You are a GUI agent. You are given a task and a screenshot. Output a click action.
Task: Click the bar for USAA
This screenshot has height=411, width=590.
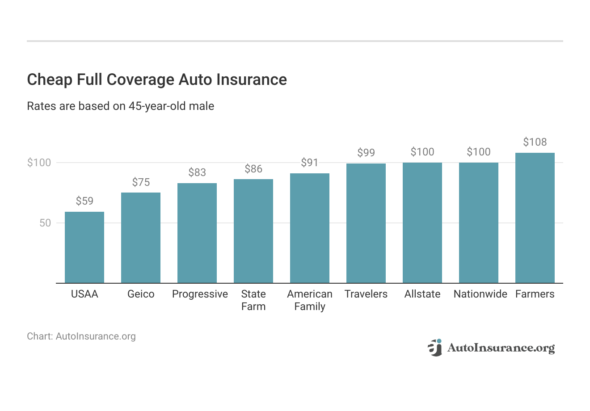coord(84,247)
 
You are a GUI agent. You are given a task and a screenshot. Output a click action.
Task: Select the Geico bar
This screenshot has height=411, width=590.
coord(141,238)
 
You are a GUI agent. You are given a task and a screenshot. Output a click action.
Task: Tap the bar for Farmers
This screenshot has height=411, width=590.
coord(535,218)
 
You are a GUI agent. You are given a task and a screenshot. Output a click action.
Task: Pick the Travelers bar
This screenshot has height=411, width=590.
coord(366,223)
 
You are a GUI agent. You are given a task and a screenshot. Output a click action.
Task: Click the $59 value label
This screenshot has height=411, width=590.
coord(84,201)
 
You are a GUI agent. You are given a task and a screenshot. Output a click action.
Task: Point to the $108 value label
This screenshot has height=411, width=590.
coord(535,142)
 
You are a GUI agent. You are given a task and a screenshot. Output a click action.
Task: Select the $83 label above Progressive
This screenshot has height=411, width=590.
coord(197,172)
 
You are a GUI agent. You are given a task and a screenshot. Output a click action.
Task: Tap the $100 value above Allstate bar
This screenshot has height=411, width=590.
coord(422,152)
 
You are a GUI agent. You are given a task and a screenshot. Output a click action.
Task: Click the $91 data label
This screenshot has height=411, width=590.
coord(310,163)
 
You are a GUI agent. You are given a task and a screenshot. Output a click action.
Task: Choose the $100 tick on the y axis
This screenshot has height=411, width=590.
coord(39,163)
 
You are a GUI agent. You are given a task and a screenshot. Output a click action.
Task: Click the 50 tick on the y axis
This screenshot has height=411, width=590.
coord(45,223)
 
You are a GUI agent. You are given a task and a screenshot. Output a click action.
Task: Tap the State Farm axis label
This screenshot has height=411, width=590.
coord(253,300)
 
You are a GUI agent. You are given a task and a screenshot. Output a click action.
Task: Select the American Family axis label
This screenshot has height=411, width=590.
coord(310,300)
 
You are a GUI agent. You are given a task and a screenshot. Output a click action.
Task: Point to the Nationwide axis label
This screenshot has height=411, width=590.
coord(480,294)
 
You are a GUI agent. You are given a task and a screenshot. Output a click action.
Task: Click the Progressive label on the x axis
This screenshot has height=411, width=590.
coord(200,294)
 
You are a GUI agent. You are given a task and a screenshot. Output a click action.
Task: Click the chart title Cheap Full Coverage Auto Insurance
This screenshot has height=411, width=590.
coord(157,80)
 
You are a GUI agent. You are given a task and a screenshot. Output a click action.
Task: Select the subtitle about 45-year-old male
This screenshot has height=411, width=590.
coord(120,106)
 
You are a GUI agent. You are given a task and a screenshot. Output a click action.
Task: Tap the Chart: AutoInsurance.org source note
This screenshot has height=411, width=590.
coord(81,336)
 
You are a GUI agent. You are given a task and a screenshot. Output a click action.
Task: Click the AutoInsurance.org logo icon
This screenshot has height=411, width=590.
coord(434,348)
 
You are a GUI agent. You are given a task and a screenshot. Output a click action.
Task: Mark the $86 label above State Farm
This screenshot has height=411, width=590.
coord(253,169)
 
